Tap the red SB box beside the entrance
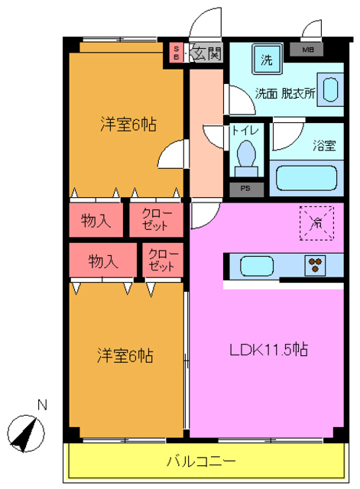[176, 53]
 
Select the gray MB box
[307, 51]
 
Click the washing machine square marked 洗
[267, 60]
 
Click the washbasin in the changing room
[332, 89]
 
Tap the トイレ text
[245, 131]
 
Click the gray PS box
[245, 188]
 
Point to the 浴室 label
[323, 146]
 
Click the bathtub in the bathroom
[306, 178]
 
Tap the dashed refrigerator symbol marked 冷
[316, 221]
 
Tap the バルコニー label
[202, 461]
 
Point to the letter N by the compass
[43, 405]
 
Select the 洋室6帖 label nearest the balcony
[125, 355]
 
